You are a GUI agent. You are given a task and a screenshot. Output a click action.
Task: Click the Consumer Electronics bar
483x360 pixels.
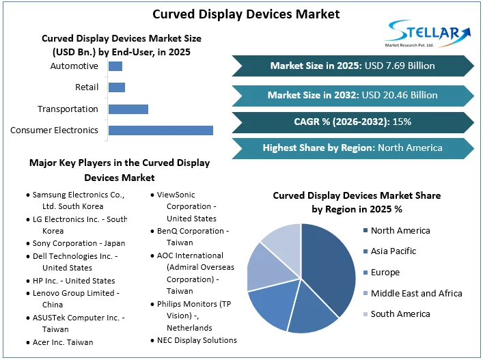[161, 130]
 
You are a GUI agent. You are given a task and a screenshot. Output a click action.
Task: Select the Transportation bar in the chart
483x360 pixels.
[128, 109]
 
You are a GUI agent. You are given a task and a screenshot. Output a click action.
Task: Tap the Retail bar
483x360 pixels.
[117, 87]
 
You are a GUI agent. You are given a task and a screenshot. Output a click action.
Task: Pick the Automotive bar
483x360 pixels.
[115, 66]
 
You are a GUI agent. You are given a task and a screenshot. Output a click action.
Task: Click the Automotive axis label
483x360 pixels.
[74, 66]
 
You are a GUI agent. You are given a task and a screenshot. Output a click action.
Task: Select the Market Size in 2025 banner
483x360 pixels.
[353, 66]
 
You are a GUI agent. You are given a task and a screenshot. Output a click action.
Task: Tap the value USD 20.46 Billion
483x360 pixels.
[399, 95]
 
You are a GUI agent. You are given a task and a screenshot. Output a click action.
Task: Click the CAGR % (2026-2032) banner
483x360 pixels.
[353, 122]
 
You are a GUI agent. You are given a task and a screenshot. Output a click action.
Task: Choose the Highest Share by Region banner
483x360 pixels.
[353, 148]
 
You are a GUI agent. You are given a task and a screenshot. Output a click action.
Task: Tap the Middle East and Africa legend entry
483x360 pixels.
[416, 293]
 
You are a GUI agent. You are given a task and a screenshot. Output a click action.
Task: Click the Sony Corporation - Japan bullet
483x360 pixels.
[79, 243]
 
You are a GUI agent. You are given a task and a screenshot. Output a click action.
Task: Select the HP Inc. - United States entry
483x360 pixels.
[74, 280]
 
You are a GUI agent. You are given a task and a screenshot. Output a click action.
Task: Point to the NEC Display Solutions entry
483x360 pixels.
[197, 340]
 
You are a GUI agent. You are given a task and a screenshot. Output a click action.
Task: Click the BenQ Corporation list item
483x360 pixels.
[193, 237]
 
